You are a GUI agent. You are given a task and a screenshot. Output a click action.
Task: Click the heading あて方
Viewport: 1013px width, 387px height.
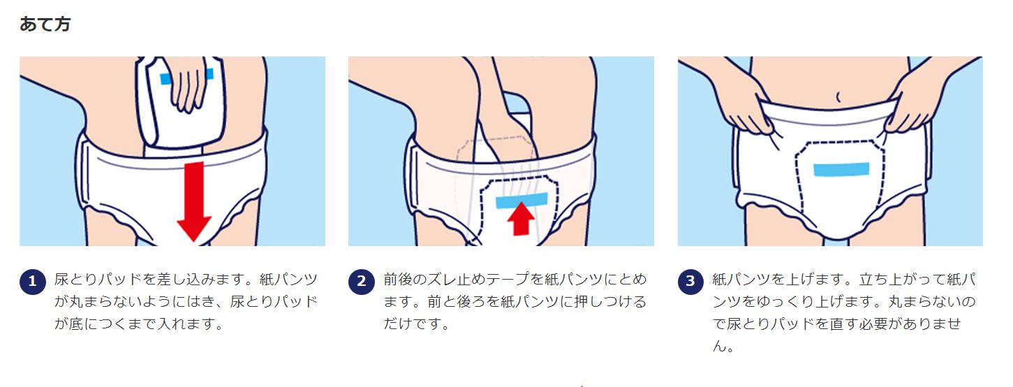tap(45, 24)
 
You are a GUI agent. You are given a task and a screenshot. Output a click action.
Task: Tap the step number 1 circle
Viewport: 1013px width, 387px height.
tap(33, 282)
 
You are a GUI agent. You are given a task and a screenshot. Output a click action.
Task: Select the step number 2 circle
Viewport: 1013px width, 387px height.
tap(362, 282)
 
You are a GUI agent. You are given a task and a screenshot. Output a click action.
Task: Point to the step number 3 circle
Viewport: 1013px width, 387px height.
tap(690, 282)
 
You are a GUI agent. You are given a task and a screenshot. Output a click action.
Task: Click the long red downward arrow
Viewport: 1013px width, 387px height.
tap(195, 202)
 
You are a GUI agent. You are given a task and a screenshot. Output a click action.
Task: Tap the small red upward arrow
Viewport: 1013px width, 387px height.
tap(521, 218)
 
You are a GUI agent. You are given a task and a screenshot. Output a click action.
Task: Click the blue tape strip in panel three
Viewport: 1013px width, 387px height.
tap(841, 169)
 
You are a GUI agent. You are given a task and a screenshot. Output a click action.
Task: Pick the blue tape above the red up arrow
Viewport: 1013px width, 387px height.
tap(522, 201)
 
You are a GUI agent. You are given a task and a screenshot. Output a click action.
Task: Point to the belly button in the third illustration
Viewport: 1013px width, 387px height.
tap(838, 97)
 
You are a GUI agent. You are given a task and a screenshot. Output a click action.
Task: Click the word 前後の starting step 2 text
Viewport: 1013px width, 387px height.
tap(405, 279)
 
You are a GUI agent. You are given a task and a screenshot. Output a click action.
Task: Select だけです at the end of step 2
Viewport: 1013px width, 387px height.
tap(411, 324)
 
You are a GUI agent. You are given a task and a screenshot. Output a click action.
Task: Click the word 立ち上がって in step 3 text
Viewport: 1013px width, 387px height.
tap(902, 279)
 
